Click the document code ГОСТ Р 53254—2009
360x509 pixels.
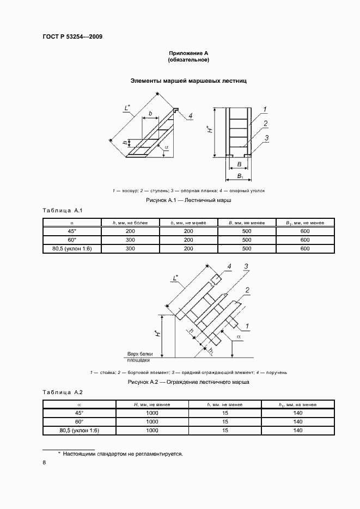click(x=72, y=37)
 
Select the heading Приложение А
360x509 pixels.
click(x=188, y=53)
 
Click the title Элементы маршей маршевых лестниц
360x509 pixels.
click(x=188, y=81)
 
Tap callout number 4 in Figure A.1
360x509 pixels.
click(x=191, y=115)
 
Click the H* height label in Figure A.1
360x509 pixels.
click(x=210, y=131)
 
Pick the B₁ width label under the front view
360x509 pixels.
click(x=239, y=177)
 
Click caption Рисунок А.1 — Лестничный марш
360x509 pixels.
click(x=188, y=201)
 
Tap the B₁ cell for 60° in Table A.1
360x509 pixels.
click(x=305, y=240)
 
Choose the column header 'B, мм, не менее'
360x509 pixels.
click(x=247, y=223)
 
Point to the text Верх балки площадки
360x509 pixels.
click(x=139, y=357)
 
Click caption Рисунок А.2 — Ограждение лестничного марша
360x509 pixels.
click(x=188, y=382)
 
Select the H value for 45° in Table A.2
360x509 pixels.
click(x=152, y=413)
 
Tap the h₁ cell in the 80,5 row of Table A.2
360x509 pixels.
click(x=297, y=431)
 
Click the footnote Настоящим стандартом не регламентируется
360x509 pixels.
click(x=122, y=453)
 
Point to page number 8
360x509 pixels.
click(x=44, y=463)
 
